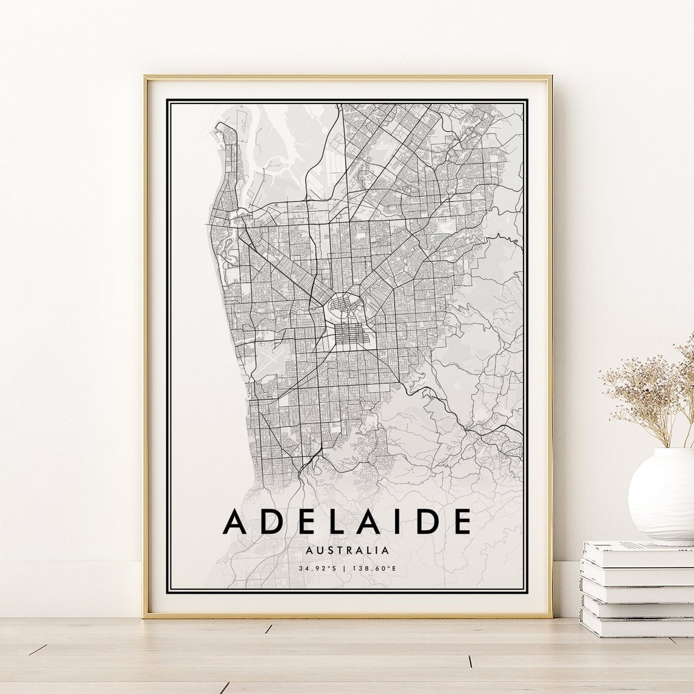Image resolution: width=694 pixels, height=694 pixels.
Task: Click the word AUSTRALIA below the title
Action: point(348,550)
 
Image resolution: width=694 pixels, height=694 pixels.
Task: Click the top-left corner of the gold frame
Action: point(145,77)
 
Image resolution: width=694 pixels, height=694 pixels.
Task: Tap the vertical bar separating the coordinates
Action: point(344,569)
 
